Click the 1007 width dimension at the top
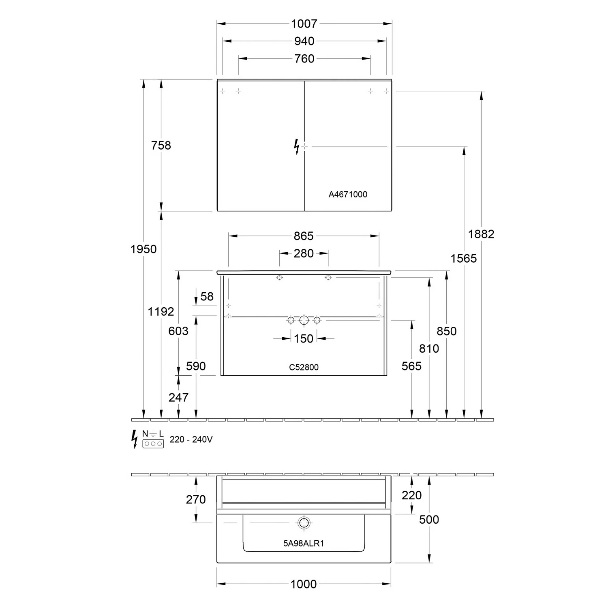(x=304, y=24)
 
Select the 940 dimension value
(x=304, y=41)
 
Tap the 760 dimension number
(x=304, y=59)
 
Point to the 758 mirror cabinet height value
(x=161, y=146)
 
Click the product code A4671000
(x=348, y=195)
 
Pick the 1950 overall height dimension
(x=143, y=249)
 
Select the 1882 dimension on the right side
(x=481, y=234)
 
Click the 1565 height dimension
(x=464, y=259)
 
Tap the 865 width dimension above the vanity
(x=304, y=236)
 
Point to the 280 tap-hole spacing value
(x=304, y=254)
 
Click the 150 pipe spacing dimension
(x=304, y=339)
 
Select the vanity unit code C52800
(x=304, y=367)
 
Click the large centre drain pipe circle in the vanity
(x=304, y=321)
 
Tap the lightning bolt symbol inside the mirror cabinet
(x=297, y=146)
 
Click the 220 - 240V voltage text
(x=191, y=439)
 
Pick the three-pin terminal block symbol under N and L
(x=153, y=444)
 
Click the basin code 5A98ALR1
(x=304, y=544)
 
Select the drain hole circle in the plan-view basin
(x=304, y=523)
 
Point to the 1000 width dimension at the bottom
(x=304, y=584)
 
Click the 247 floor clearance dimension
(x=178, y=398)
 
